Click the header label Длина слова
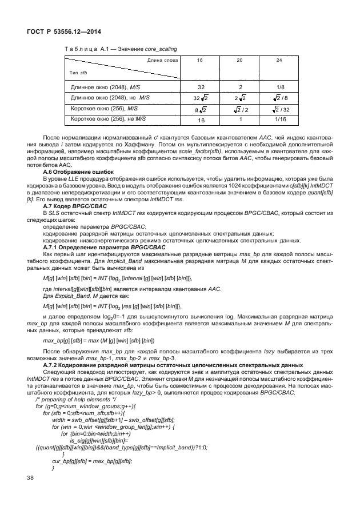(162, 59)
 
